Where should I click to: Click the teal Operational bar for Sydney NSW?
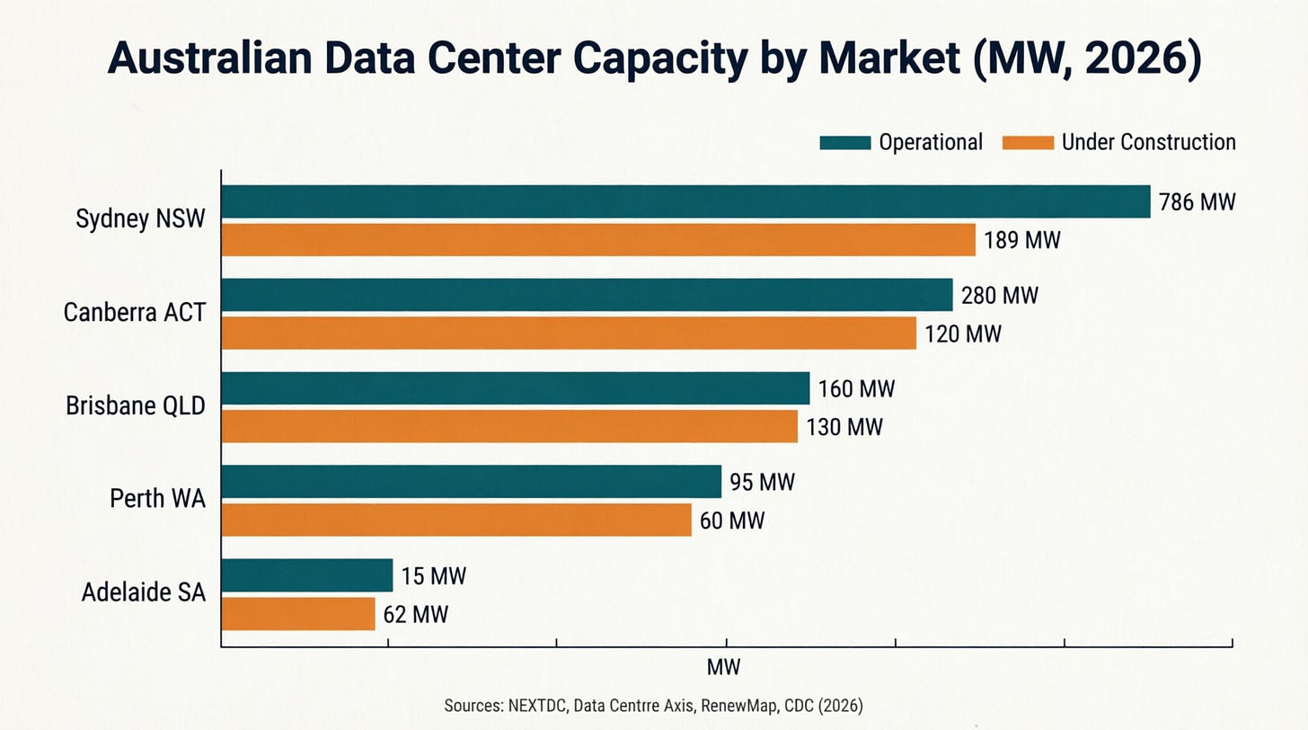pyautogui.click(x=686, y=201)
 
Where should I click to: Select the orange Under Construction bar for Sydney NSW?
pyautogui.click(x=598, y=240)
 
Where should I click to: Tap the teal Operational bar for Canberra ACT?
pyautogui.click(x=588, y=295)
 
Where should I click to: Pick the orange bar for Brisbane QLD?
pyautogui.click(x=509, y=426)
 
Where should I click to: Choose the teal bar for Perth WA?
pyautogui.click(x=472, y=482)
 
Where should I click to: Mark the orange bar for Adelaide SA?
pyautogui.click(x=298, y=614)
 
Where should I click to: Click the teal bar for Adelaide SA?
pyautogui.click(x=307, y=575)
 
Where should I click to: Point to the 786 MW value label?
pyautogui.click(x=1197, y=202)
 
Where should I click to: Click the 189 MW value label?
pyautogui.click(x=1022, y=240)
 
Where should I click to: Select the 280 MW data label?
pyautogui.click(x=1000, y=296)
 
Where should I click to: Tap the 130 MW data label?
pyautogui.click(x=844, y=427)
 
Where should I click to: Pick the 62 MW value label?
pyautogui.click(x=416, y=615)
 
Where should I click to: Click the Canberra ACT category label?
pyautogui.click(x=135, y=313)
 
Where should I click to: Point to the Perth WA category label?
pyautogui.click(x=158, y=499)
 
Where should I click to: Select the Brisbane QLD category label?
pyautogui.click(x=136, y=405)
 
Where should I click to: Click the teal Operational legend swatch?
pyautogui.click(x=845, y=143)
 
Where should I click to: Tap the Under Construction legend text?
pyautogui.click(x=1149, y=142)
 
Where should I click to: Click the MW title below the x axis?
pyautogui.click(x=723, y=667)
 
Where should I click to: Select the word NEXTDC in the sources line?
pyautogui.click(x=537, y=706)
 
